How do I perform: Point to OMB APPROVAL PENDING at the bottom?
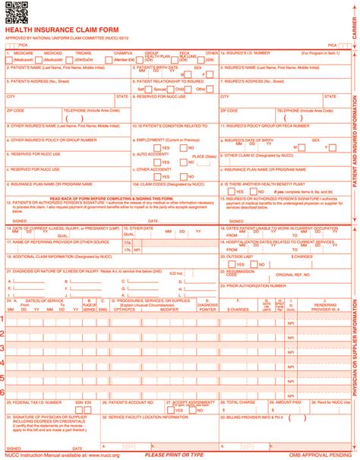[315, 454]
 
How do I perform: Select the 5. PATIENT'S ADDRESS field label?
[38, 78]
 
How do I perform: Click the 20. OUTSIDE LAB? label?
[237, 257]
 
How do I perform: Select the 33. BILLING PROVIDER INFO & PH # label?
[254, 417]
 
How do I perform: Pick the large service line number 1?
[4, 319]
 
